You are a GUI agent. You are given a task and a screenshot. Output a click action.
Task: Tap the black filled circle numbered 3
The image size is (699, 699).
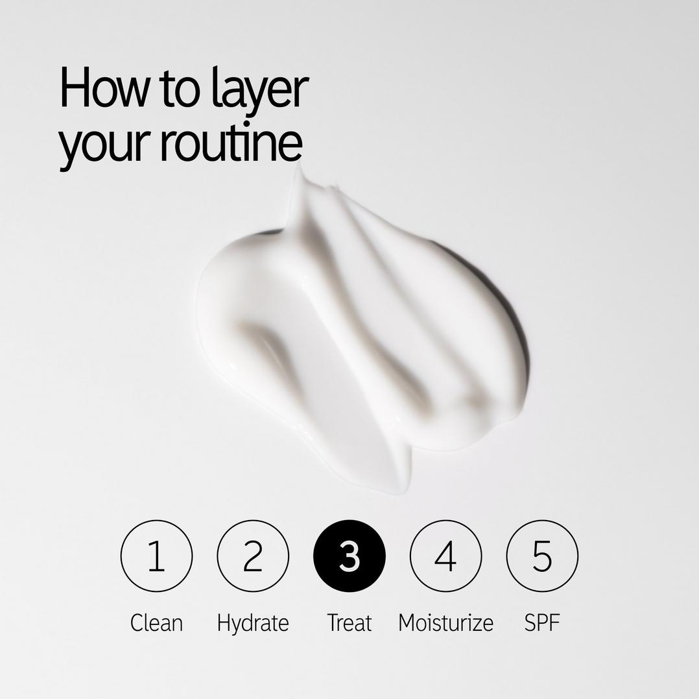[349, 556]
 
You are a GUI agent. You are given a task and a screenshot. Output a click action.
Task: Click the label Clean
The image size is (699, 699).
[156, 622]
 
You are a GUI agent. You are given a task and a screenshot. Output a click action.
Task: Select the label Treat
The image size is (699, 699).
[349, 622]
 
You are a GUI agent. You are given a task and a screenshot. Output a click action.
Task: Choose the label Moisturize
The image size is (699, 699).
[446, 622]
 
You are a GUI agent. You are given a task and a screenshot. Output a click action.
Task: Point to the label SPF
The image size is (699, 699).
[542, 622]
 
